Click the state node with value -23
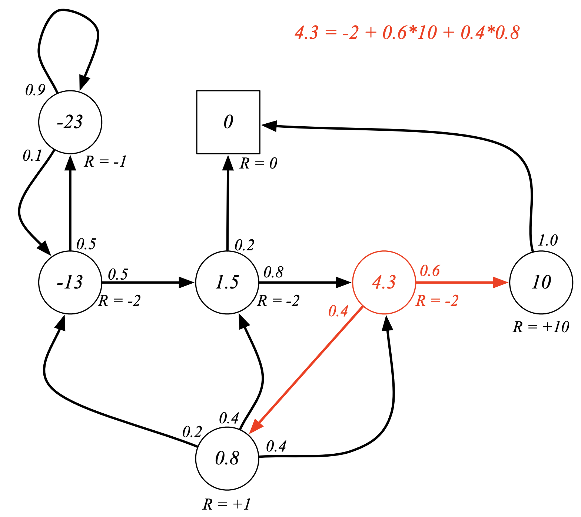(70, 122)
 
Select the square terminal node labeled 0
(228, 122)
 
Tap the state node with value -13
(70, 283)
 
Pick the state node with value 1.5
(227, 283)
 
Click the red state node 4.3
(384, 283)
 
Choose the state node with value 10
(541, 283)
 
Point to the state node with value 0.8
(227, 458)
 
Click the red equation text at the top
(407, 33)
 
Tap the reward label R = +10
(541, 327)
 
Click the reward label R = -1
(105, 161)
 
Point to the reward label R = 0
(258, 163)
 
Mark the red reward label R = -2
(437, 301)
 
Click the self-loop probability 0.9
(35, 90)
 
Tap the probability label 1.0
(547, 241)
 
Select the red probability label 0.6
(429, 271)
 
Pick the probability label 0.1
(32, 156)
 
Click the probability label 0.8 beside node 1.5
(273, 273)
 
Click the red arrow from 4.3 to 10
(459, 283)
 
